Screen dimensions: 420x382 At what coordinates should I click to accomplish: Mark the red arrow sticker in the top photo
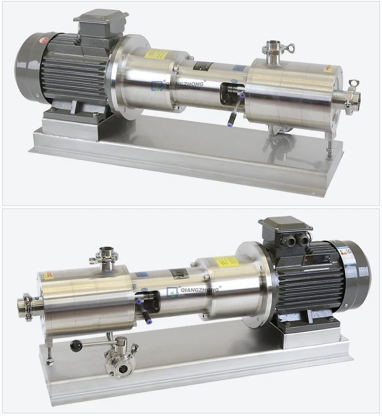(329, 68)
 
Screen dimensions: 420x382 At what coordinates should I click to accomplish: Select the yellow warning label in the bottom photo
(225, 262)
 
